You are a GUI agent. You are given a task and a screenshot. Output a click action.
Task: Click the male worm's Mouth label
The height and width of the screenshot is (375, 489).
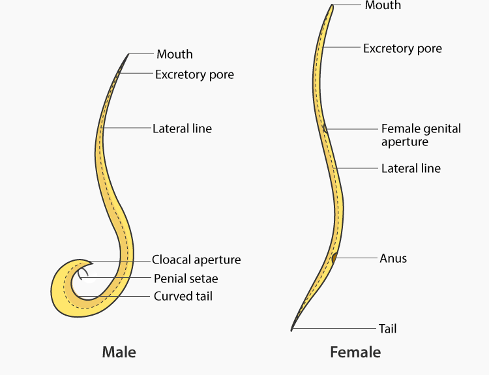pos(175,54)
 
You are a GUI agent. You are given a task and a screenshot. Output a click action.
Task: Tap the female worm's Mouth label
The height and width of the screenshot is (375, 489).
pos(383,5)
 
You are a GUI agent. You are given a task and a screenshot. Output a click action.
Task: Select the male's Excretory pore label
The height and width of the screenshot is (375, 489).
pos(194,74)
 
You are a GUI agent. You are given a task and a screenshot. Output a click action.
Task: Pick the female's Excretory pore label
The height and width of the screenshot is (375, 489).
pos(402,48)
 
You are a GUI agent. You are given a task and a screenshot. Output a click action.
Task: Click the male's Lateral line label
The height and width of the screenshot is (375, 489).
pos(182,128)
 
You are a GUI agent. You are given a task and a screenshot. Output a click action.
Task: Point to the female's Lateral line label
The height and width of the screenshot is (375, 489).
pos(411,168)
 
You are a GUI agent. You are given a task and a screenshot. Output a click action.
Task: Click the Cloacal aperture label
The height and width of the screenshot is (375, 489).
pos(196,260)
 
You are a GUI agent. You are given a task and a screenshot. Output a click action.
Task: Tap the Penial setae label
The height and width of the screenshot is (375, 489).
pos(186,278)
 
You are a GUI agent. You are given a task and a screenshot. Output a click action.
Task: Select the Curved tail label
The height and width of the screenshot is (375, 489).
pos(183,296)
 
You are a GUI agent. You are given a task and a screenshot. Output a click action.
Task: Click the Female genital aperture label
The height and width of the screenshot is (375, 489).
pos(421,135)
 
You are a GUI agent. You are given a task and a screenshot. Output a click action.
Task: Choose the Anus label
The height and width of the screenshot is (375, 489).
pos(393,258)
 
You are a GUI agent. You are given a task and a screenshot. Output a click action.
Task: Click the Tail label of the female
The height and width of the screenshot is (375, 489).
pos(388,329)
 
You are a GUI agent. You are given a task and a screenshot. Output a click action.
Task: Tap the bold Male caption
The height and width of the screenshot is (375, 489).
pos(119,353)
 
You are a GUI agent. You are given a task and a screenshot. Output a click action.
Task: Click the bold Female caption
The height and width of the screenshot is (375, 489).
pos(355,353)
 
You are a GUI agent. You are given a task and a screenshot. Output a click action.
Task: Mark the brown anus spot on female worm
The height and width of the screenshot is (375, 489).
pos(334,258)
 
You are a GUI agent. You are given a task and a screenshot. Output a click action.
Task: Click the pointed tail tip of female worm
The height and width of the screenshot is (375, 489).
pos(293,329)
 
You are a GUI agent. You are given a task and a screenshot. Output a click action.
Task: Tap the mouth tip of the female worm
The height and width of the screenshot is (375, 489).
pos(332,7)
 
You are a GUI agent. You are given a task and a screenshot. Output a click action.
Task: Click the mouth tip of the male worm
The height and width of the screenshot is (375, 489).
pos(128,55)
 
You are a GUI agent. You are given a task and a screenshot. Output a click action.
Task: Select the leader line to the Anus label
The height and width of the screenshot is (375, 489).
pos(355,258)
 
